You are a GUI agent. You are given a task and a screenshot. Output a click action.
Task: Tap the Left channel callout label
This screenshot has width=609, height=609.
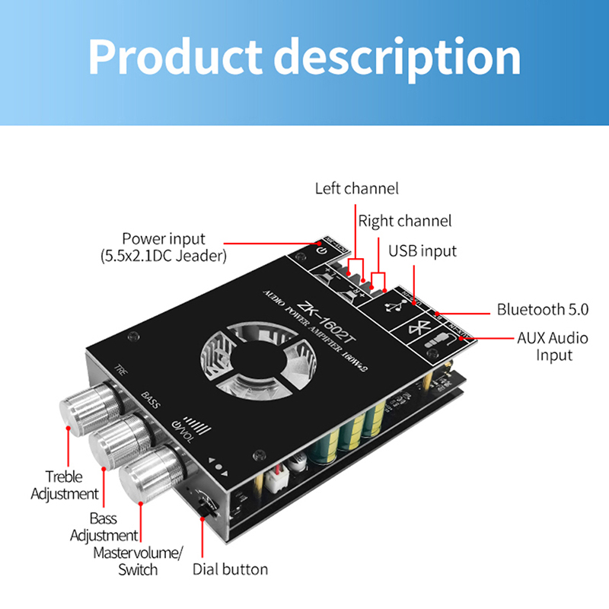tap(356, 188)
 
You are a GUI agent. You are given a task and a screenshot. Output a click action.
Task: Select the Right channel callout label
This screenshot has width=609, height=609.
tap(405, 222)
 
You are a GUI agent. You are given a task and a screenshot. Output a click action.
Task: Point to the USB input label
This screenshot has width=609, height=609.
tap(422, 251)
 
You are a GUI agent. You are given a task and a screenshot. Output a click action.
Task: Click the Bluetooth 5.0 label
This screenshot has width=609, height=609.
tap(543, 309)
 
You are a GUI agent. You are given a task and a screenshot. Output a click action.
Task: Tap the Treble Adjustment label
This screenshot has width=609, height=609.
tap(65, 485)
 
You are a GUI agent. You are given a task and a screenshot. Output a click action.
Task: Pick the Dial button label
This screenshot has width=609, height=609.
tap(230, 569)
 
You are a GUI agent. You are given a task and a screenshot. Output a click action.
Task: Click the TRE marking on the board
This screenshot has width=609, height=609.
tap(121, 371)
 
